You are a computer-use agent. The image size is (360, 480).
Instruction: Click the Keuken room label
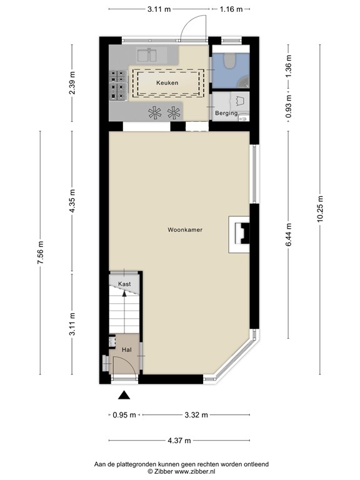coord(167,82)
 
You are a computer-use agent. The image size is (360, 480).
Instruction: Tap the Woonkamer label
coord(184,230)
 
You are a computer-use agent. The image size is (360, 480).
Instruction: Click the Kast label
coord(124,284)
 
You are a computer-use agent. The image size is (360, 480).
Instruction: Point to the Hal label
coord(126,350)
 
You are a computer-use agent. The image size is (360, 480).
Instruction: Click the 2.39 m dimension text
coord(72,82)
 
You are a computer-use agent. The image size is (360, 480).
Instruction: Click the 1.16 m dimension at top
coord(230,9)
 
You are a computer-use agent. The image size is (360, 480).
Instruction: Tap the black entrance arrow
coord(124,394)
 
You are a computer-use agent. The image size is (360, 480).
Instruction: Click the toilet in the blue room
coord(229,61)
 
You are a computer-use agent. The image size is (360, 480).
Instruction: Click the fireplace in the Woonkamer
coord(240,234)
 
